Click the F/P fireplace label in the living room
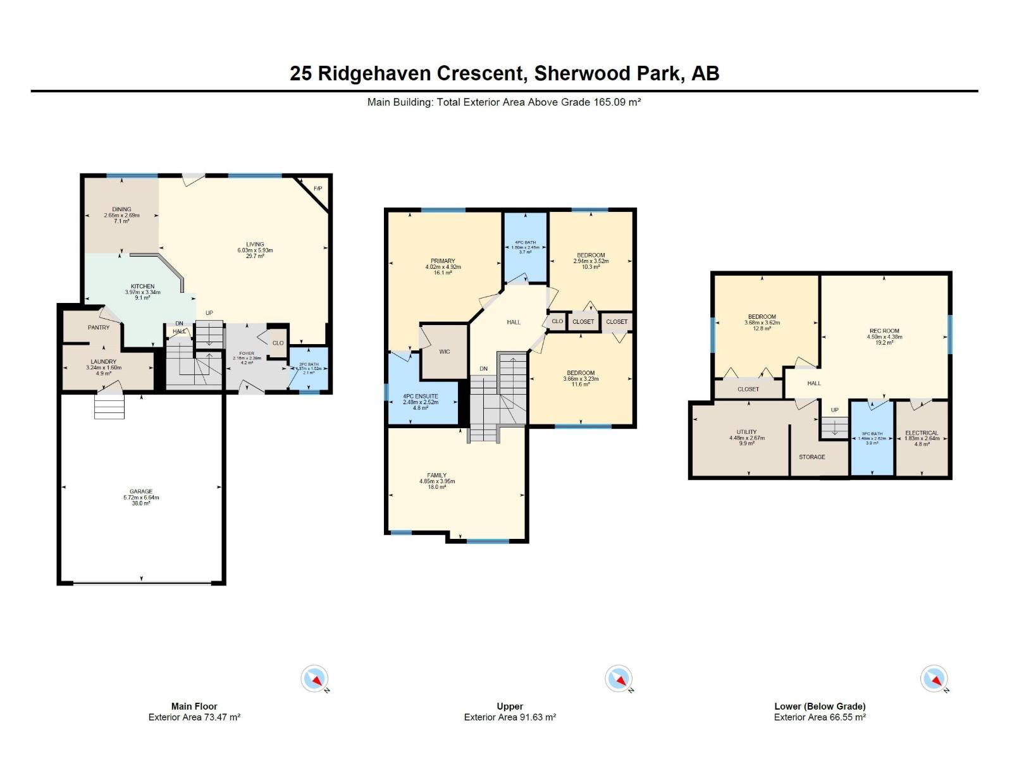coord(318,189)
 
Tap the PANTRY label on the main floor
coord(99,328)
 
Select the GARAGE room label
coord(141,491)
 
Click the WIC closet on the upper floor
coord(445,352)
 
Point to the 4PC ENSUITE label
coord(421,397)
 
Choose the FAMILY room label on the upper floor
coord(436,476)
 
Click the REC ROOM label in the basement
coord(884,331)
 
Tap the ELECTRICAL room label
coord(922,433)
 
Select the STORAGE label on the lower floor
coord(811,457)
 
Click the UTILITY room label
coord(746,432)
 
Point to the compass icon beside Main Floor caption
coord(315,679)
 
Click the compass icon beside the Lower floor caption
coord(934,679)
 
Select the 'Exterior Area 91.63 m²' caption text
coord(510,717)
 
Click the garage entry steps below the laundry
coord(109,406)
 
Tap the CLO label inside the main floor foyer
coord(278,343)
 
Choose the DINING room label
coord(121,209)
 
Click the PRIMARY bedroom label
coord(443,261)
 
